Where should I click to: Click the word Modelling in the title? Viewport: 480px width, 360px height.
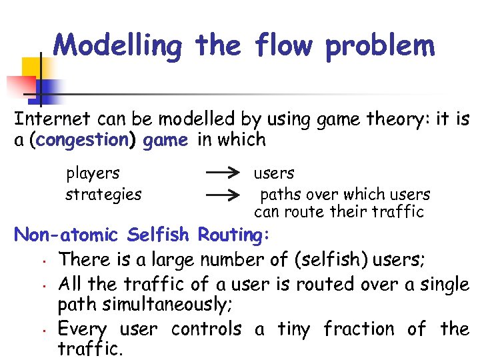(117, 46)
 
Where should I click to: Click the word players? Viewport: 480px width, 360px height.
(93, 174)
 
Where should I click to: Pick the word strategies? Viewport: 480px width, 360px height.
(103, 195)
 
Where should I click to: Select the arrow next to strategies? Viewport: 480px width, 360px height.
(223, 195)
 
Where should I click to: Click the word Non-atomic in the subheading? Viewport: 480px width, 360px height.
(66, 235)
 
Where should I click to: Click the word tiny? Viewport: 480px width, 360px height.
(293, 329)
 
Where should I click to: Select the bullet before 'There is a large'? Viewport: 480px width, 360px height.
(42, 261)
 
